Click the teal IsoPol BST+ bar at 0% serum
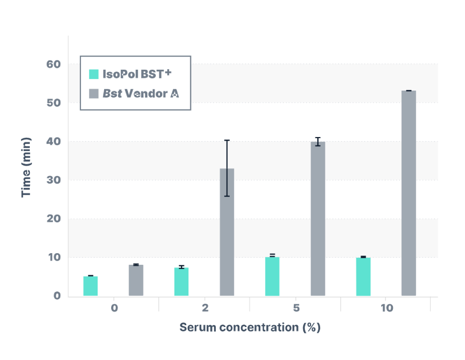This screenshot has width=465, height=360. pyautogui.click(x=90, y=286)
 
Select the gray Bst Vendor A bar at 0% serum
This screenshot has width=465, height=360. pyautogui.click(x=136, y=281)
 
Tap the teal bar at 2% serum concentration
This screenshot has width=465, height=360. pyautogui.click(x=181, y=282)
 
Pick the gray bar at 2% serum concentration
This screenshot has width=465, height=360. pyautogui.click(x=227, y=232)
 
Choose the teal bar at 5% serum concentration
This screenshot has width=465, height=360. pyautogui.click(x=272, y=276)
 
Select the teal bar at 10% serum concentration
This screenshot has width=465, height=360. pyautogui.click(x=363, y=277)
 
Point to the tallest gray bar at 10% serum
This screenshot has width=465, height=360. pyautogui.click(x=409, y=193)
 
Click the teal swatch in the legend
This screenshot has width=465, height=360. pyautogui.click(x=94, y=74)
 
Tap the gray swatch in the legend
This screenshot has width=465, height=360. pyautogui.click(x=94, y=93)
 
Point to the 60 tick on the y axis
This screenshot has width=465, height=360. pyautogui.click(x=54, y=64)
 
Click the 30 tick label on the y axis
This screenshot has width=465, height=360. pyautogui.click(x=54, y=180)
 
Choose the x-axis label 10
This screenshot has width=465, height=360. pyautogui.click(x=386, y=308)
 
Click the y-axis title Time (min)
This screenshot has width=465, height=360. pyautogui.click(x=27, y=167)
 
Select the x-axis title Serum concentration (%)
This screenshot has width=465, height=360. pyautogui.click(x=250, y=327)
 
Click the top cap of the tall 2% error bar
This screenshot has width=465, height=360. pyautogui.click(x=227, y=140)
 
